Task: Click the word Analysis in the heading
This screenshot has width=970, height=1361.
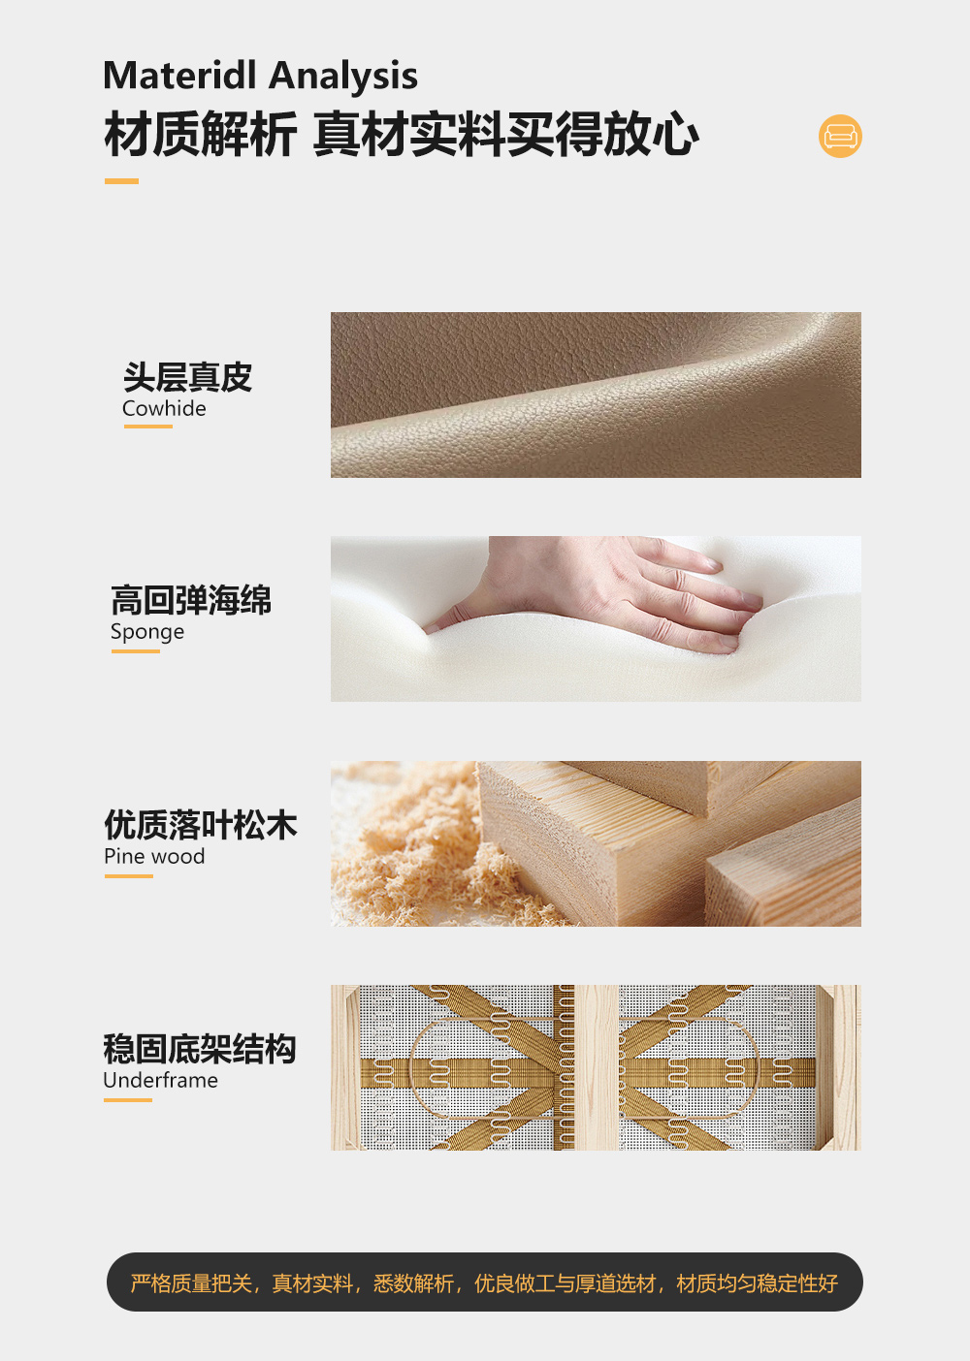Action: click(x=343, y=78)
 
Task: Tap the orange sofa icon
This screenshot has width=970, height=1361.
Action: click(x=840, y=136)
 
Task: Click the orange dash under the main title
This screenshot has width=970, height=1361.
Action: click(x=121, y=181)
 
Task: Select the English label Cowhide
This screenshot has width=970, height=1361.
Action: click(x=164, y=408)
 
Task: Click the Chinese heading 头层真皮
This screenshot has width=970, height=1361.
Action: click(x=188, y=377)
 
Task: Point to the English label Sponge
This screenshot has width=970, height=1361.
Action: click(x=147, y=632)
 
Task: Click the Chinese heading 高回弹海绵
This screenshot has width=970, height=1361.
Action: click(x=191, y=600)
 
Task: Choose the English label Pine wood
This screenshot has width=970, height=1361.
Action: click(x=154, y=856)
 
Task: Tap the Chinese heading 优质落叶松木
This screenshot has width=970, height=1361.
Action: click(x=201, y=825)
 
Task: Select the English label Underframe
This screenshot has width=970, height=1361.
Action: click(x=161, y=1080)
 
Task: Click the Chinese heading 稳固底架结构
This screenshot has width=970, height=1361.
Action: click(x=200, y=1049)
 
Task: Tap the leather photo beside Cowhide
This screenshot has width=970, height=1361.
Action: click(x=596, y=395)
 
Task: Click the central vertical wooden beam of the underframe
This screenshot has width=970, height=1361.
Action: click(x=597, y=1067)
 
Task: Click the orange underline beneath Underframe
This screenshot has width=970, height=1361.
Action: click(x=128, y=1099)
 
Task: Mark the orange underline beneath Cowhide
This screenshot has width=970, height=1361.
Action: click(x=147, y=427)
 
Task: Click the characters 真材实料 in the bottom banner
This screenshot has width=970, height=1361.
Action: click(x=312, y=1283)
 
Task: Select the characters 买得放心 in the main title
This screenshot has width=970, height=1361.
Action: click(x=602, y=135)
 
